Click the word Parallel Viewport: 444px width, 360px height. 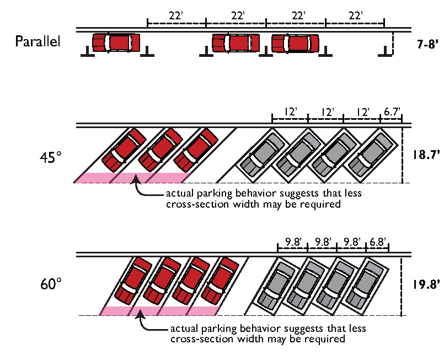pyautogui.click(x=38, y=41)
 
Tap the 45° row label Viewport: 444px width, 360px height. pyautogui.click(x=51, y=157)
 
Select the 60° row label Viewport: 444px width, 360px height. pyautogui.click(x=51, y=284)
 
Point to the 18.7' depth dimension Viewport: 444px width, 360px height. pyautogui.click(x=426, y=155)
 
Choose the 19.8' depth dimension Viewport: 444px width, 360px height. pyautogui.click(x=426, y=284)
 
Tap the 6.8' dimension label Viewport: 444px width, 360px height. pyautogui.click(x=378, y=242)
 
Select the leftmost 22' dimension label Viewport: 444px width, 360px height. pyautogui.click(x=176, y=15)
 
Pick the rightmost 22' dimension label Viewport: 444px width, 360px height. pyautogui.click(x=355, y=15)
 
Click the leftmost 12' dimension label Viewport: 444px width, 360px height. pyautogui.click(x=291, y=112)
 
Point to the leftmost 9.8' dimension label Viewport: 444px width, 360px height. pyautogui.click(x=293, y=242)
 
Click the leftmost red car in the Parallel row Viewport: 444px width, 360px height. pyautogui.click(x=116, y=43)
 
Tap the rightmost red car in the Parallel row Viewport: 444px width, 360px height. pyautogui.click(x=295, y=44)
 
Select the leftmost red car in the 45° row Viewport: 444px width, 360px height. pyautogui.click(x=124, y=150)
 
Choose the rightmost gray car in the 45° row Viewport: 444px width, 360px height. pyautogui.click(x=371, y=155)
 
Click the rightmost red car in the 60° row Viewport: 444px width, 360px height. pyautogui.click(x=220, y=280)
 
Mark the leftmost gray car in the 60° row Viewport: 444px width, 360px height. pyautogui.click(x=276, y=285)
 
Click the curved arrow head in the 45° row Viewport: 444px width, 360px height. pyautogui.click(x=136, y=179)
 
